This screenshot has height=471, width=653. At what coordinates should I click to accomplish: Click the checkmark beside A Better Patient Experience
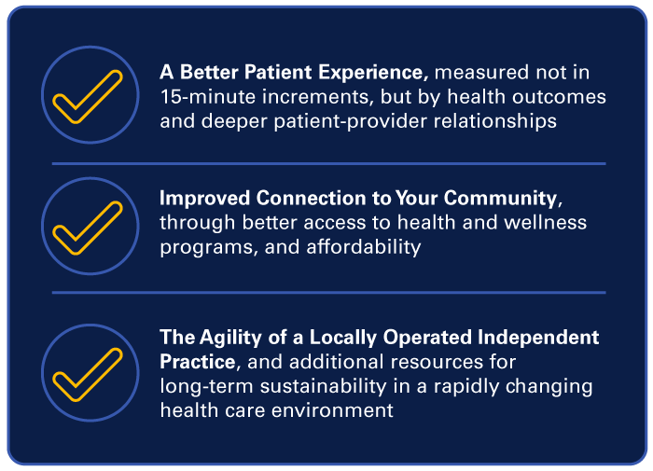click(89, 97)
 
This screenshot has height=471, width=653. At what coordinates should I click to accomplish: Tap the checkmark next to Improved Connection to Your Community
click(89, 227)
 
